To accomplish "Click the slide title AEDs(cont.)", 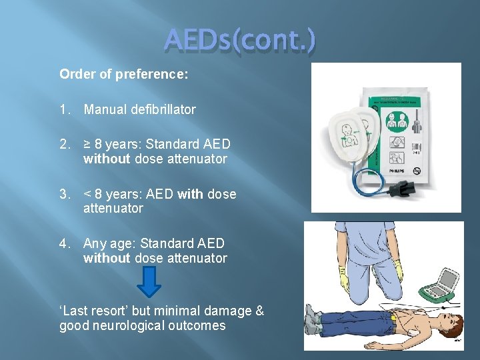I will tap(241, 42).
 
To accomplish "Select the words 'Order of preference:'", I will tap(124, 74).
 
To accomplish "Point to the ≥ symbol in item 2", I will tap(87, 144).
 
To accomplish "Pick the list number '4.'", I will tap(65, 243).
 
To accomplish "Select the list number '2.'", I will tap(65, 144).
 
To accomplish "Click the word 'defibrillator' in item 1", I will tap(162, 109).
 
